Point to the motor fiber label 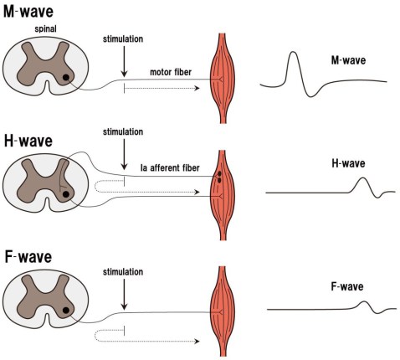click(x=168, y=72)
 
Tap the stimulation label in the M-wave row click(x=124, y=39)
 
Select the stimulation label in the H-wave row click(x=124, y=131)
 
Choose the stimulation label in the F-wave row click(x=124, y=272)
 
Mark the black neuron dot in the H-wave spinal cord click(x=66, y=195)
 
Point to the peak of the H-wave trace click(x=362, y=179)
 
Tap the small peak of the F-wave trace click(x=363, y=303)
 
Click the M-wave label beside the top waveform click(x=348, y=59)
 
